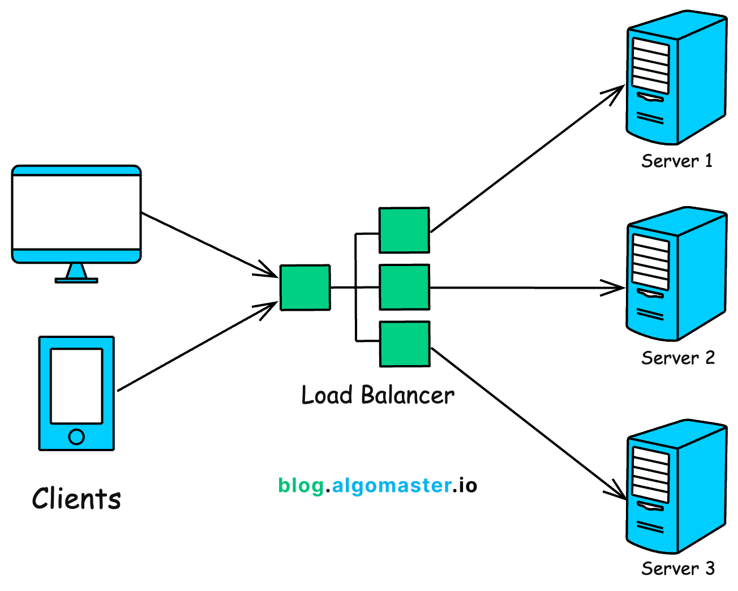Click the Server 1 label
pyautogui.click(x=676, y=161)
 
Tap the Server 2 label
pyautogui.click(x=677, y=358)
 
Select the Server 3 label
pyautogui.click(x=677, y=568)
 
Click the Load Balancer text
pyautogui.click(x=377, y=395)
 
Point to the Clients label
pyautogui.click(x=76, y=499)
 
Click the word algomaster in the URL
pyautogui.click(x=392, y=485)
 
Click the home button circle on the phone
pyautogui.click(x=76, y=437)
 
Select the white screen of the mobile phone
pyautogui.click(x=76, y=386)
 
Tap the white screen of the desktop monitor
pyautogui.click(x=76, y=212)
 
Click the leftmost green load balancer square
pyautogui.click(x=305, y=288)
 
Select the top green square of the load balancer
pyautogui.click(x=404, y=230)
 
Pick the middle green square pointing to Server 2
pyautogui.click(x=404, y=288)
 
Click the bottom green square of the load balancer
pyautogui.click(x=404, y=344)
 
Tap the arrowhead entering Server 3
pyautogui.click(x=618, y=492)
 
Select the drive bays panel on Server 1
pyautogui.click(x=650, y=65)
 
